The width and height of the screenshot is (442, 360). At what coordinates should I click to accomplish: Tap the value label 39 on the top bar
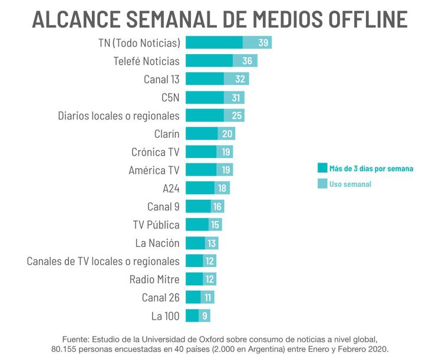(x=263, y=42)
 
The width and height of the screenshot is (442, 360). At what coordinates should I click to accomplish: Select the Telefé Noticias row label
(x=146, y=61)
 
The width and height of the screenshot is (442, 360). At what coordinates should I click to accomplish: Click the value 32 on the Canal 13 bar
(x=240, y=79)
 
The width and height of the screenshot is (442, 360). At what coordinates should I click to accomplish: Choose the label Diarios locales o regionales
(x=118, y=115)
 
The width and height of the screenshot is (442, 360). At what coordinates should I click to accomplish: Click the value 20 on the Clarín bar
(x=227, y=134)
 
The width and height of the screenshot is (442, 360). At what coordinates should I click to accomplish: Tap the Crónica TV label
(x=156, y=152)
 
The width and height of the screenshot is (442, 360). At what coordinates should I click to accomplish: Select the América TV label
(x=154, y=170)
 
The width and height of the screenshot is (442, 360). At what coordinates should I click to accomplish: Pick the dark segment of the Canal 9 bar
(x=198, y=207)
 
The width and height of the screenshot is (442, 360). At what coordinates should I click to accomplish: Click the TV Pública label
(x=156, y=225)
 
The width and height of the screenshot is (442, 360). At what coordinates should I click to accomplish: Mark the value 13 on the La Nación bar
(x=212, y=243)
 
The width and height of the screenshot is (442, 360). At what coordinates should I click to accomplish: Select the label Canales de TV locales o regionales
(x=103, y=261)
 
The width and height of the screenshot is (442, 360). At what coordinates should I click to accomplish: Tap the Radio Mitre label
(x=154, y=279)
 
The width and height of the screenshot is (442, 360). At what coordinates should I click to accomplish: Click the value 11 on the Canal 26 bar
(x=207, y=298)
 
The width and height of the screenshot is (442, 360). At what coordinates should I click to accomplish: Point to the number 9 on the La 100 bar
(x=204, y=316)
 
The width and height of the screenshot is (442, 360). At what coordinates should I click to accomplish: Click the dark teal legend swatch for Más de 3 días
(x=322, y=169)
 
